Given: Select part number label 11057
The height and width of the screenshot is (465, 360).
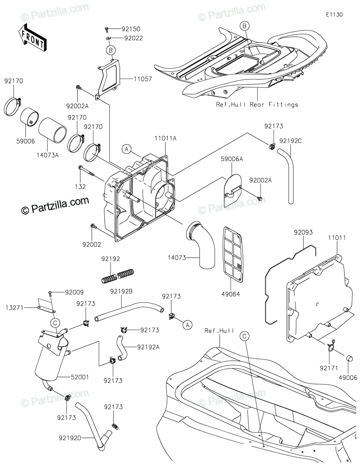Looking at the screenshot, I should click(x=132, y=79).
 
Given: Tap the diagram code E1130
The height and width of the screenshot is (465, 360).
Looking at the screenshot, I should click(x=334, y=15).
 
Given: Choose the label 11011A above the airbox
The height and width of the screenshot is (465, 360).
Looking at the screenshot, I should click(x=165, y=138).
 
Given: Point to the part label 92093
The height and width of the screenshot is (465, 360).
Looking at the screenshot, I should click(x=303, y=232).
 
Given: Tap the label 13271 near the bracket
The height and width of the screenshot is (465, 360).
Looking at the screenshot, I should click(x=14, y=308).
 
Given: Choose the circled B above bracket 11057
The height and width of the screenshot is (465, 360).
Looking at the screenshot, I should click(x=111, y=50).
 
